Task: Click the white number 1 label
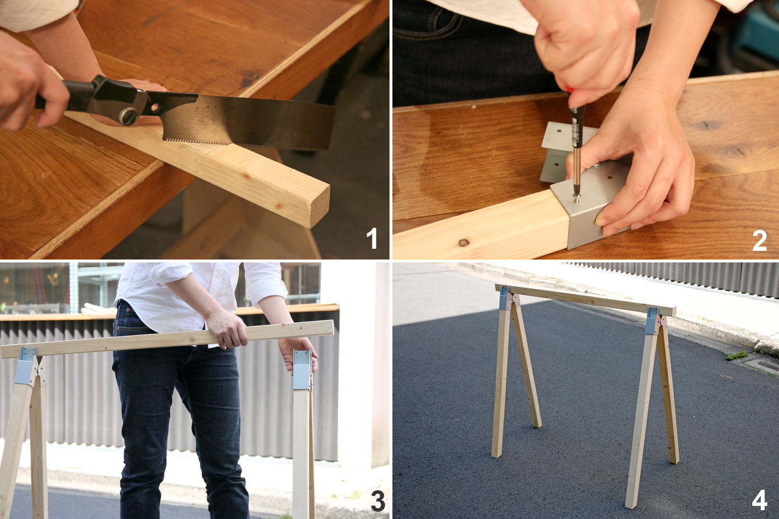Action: coord(372,239)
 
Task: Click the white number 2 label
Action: coord(759,241)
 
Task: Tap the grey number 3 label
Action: coord(378,501)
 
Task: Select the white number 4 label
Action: coord(759,500)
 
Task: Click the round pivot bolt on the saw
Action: coord(128,116)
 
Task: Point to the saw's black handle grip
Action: coord(73,93)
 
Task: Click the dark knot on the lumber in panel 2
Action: coord(464,242)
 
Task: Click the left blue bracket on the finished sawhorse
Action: coord(504,298)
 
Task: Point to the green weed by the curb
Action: coord(737,355)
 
